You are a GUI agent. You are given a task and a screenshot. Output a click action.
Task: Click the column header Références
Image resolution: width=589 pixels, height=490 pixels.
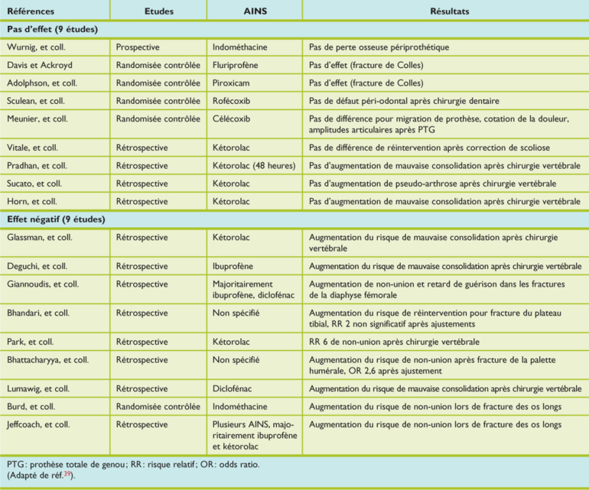[x=28, y=11]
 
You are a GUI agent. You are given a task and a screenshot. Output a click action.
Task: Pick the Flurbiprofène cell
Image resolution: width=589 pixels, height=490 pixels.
[x=238, y=65]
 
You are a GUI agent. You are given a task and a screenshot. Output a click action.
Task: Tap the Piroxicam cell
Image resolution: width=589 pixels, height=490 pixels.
[x=232, y=83]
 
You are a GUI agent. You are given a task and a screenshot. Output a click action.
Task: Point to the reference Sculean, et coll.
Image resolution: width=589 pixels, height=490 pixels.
[x=35, y=100]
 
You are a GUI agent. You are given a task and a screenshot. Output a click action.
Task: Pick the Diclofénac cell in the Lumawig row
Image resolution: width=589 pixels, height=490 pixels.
[x=235, y=389]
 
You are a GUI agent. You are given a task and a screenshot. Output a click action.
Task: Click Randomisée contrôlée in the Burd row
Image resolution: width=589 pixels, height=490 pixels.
[x=158, y=407]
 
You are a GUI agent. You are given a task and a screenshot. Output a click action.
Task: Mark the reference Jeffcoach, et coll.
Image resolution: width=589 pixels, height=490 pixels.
[x=39, y=424]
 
